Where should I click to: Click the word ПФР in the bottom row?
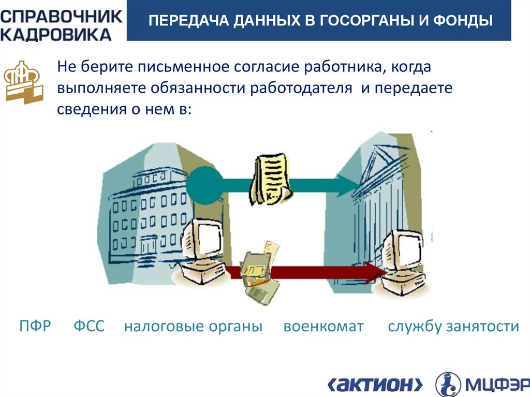point(35,327)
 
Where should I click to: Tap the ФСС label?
point(89,327)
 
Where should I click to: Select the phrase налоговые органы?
point(193,327)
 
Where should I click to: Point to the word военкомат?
point(323,327)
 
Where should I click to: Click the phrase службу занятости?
point(453,327)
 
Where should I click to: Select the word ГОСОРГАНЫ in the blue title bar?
point(367,21)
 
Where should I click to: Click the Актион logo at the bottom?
point(375,384)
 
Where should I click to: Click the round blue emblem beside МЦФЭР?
point(448,384)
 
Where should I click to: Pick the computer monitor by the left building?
point(203,239)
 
